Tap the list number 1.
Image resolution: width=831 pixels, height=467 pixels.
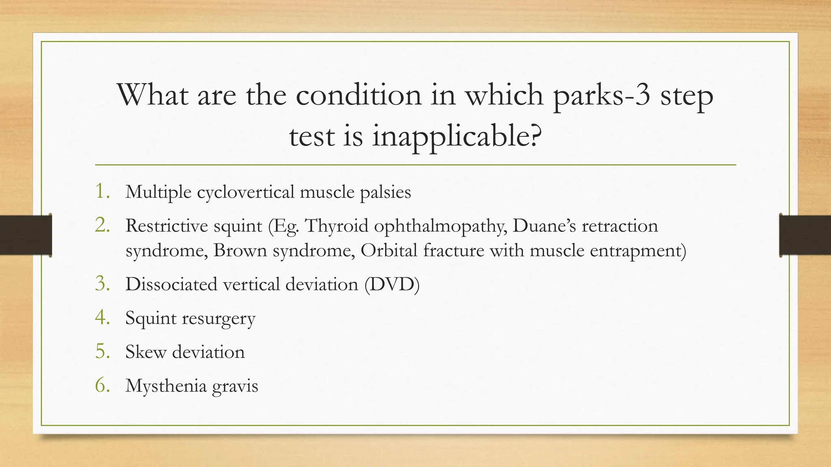[x=102, y=191]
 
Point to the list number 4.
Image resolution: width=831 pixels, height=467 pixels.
[x=102, y=317]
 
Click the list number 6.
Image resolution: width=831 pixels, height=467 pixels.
[x=102, y=385]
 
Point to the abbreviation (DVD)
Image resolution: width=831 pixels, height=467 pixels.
[x=392, y=284]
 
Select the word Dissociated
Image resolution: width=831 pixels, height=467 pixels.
[x=171, y=284]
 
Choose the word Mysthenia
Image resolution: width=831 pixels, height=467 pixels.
[x=166, y=386]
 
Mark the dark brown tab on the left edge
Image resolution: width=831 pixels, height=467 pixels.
[x=26, y=235]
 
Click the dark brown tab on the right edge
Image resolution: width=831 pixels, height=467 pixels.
[x=805, y=235]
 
